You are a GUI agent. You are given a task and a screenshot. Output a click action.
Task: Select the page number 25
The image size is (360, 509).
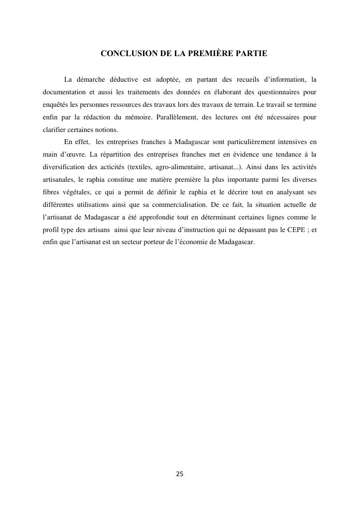(x=180, y=474)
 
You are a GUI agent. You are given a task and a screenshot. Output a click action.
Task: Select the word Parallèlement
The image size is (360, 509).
(x=177, y=117)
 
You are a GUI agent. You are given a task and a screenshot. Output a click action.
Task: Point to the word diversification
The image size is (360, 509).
(x=58, y=167)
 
